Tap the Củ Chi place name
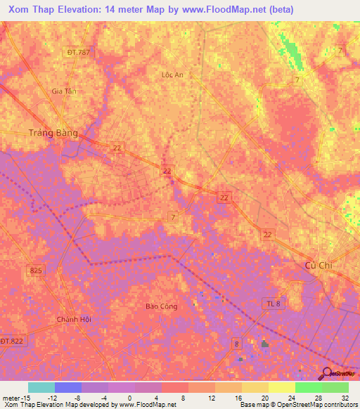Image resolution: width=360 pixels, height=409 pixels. coord(319,264)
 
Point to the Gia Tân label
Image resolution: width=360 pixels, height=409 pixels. coord(63,91)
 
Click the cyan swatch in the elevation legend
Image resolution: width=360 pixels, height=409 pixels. coord(41,387)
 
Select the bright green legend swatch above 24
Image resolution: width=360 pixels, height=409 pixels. coord(308,387)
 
